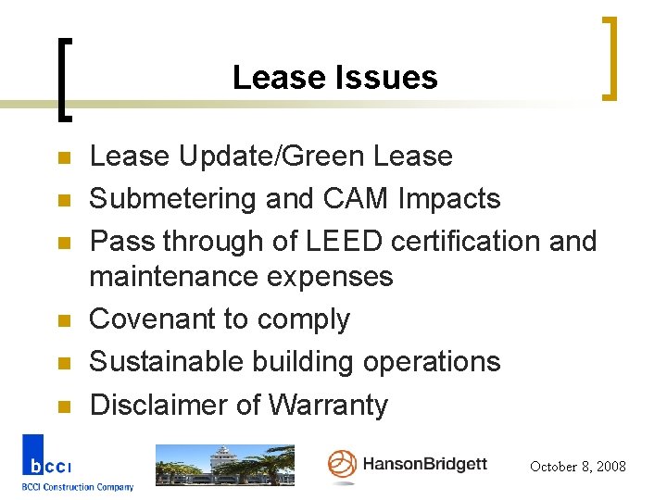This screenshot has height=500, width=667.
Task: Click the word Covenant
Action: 153,319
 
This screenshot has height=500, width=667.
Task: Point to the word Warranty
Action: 328,405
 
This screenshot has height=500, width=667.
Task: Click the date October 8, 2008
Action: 577,467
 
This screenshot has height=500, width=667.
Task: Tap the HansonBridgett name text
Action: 423,464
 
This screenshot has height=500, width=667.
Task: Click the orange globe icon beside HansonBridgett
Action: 342,465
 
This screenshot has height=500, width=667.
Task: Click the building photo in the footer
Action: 223,465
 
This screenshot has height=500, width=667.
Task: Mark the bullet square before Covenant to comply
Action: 63,320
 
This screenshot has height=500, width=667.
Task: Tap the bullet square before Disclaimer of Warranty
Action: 63,406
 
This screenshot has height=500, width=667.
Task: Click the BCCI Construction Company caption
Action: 78,487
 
